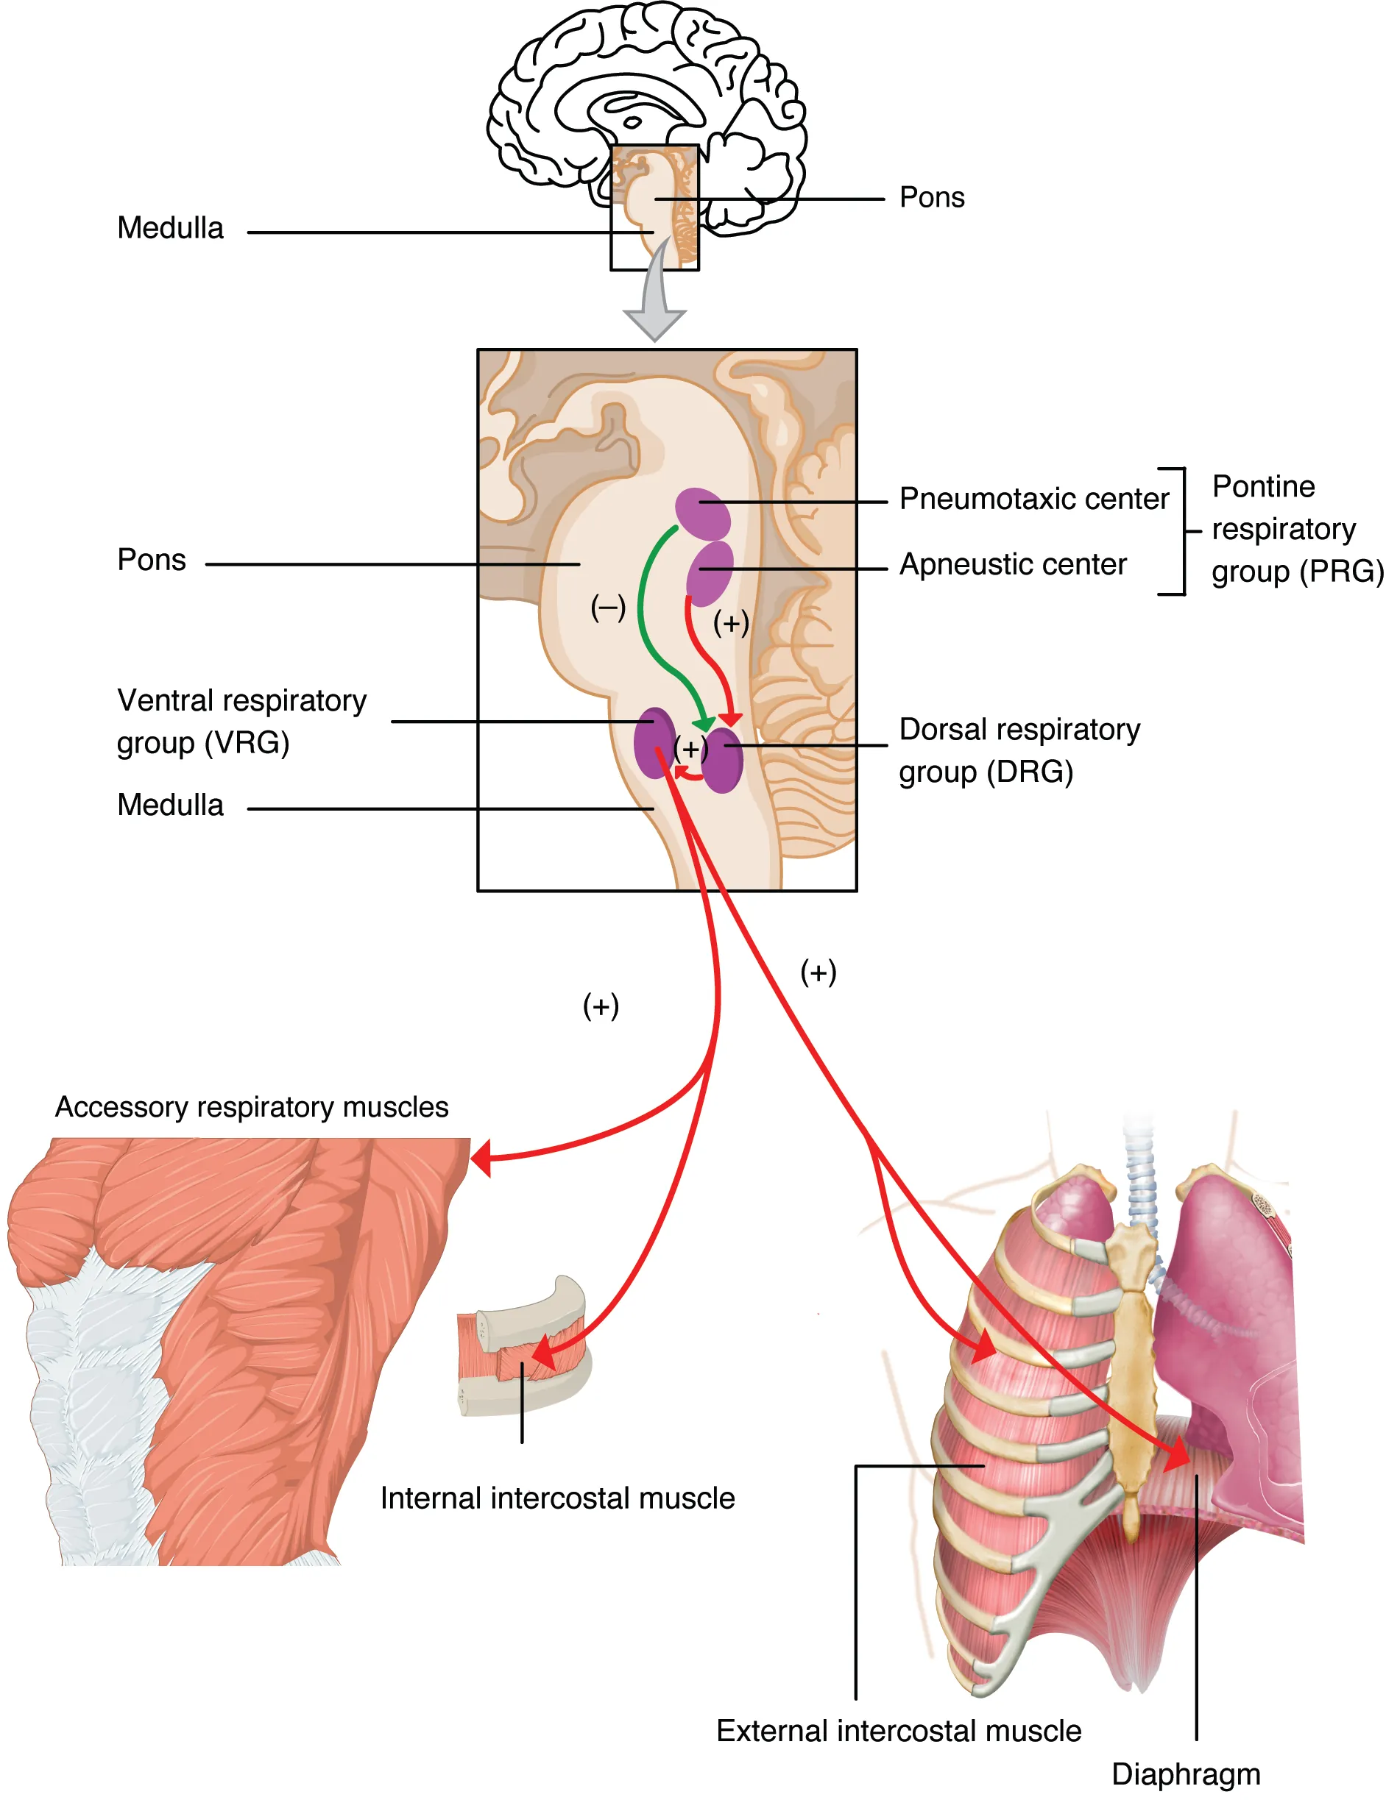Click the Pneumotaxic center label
1033,499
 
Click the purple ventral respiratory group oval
653,741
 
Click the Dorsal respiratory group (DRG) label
1019,751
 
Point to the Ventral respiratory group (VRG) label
241,722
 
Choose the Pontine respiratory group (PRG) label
1296,529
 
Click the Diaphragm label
1185,1774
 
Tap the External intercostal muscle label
898,1731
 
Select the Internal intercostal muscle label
557,1498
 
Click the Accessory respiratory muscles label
252,1107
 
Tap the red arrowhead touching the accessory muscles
480,1159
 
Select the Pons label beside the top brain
932,198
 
